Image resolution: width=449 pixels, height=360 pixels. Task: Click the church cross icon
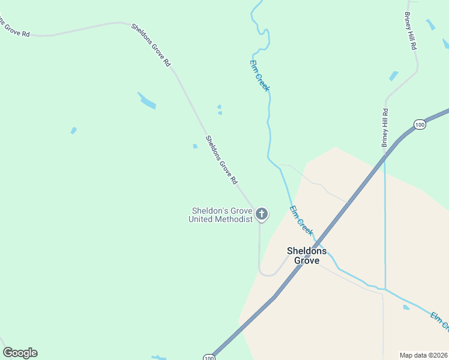coord(262,213)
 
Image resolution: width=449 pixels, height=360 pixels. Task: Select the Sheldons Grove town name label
coord(306,256)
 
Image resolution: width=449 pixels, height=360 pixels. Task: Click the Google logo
coord(20,353)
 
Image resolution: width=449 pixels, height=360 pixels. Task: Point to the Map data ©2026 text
coord(423,355)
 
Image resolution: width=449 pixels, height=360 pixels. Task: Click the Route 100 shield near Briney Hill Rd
coord(420,124)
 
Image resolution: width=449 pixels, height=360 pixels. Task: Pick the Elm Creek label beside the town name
coord(301,220)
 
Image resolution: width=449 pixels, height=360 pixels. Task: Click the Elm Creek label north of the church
coord(260,75)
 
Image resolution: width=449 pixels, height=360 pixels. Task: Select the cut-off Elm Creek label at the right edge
coord(439,321)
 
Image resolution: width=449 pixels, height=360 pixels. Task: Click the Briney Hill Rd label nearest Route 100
coord(385,127)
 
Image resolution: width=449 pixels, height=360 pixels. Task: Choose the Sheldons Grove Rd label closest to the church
coord(221,159)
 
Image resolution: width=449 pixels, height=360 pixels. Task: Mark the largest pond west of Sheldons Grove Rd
coord(147,101)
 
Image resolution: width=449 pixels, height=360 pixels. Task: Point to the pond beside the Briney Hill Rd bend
coord(394,76)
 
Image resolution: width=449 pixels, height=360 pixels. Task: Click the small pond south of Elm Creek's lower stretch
coord(406,307)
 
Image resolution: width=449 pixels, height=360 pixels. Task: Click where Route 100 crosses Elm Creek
coord(318,243)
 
